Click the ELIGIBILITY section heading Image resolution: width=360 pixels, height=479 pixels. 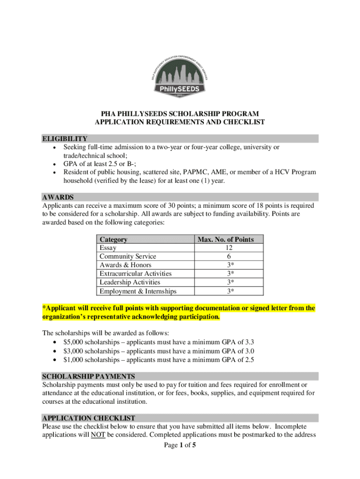[x=65, y=138]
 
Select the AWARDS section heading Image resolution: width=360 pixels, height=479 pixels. [x=58, y=197]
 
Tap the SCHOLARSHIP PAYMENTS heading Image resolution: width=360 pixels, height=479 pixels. [x=88, y=376]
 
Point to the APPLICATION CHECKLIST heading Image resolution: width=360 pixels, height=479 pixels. [x=88, y=418]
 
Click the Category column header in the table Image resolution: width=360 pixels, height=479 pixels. [x=113, y=239]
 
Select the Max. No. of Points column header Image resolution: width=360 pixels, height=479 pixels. [x=225, y=239]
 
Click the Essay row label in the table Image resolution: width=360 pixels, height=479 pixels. [x=108, y=248]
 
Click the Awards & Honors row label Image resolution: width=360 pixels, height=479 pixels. [x=125, y=265]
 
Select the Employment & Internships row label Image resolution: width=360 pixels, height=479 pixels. [x=138, y=291]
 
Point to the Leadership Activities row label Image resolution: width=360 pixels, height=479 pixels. [x=130, y=282]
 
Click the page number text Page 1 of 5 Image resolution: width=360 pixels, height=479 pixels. [x=180, y=445]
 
